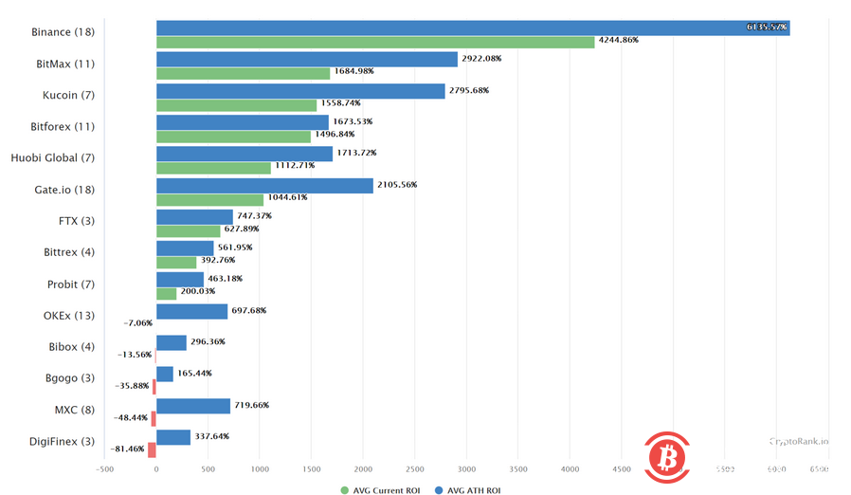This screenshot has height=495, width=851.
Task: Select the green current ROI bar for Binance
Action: [x=375, y=42]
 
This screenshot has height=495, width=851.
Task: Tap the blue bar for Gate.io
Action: [x=264, y=185]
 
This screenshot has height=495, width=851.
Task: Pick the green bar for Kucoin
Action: [x=236, y=105]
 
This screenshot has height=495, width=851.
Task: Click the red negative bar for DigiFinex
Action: [x=152, y=450]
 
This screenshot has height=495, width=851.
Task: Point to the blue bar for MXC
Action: [x=193, y=406]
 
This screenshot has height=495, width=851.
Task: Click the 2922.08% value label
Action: [x=481, y=59]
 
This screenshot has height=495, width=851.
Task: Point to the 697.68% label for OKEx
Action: [x=250, y=310]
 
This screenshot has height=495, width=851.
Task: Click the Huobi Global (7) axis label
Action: [x=52, y=157]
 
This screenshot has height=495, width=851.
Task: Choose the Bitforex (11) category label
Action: [x=63, y=126]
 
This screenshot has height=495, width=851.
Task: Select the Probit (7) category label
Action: [x=70, y=284]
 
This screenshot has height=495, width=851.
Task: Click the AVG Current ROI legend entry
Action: [x=379, y=489]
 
